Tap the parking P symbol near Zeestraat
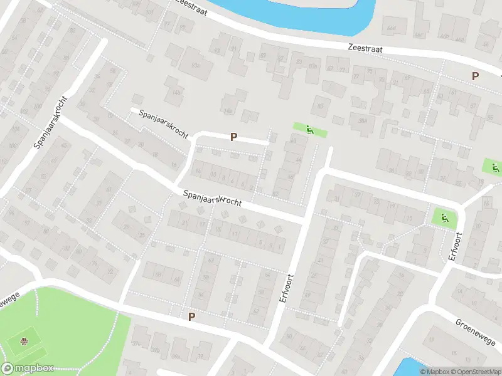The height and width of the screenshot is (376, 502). click(475, 76)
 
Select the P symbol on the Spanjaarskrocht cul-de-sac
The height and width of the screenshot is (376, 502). click(234, 137)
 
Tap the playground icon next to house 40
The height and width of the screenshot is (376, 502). click(310, 130)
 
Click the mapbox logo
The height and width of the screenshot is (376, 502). click(27, 368)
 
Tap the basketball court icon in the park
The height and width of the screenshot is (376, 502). click(23, 342)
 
